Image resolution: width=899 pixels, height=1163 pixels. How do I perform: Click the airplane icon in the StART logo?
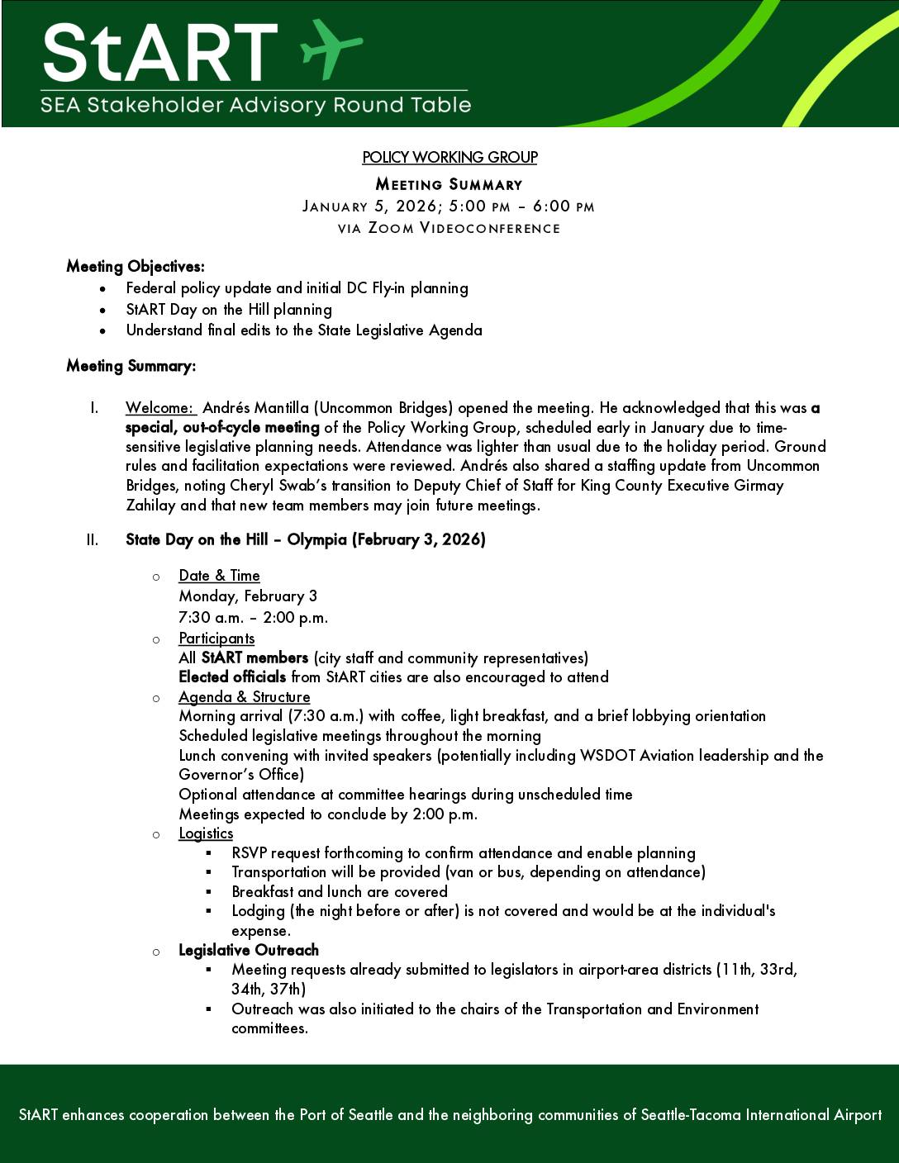coord(331,49)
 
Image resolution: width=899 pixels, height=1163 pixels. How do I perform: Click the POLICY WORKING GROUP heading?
coord(449,157)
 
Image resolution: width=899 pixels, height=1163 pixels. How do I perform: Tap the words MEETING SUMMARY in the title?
coord(449,184)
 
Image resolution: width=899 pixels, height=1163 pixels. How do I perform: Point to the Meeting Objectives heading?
coord(136,267)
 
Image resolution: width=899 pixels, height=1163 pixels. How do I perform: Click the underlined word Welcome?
coord(159,408)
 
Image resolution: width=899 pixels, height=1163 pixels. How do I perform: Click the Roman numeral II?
coord(92,540)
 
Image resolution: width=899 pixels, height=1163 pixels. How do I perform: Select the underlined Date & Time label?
coord(219,576)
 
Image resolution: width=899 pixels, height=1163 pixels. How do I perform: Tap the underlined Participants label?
coord(216,638)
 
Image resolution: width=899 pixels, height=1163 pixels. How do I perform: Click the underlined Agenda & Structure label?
coord(244,697)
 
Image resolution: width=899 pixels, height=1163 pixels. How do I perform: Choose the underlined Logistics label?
coord(206,833)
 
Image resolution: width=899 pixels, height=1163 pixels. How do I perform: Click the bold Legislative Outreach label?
coord(249,950)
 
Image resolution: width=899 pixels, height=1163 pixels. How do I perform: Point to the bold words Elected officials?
coord(232,677)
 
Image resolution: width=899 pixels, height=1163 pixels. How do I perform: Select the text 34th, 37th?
coord(269,989)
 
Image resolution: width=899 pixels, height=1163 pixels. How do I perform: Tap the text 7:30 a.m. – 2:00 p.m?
coord(254,618)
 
